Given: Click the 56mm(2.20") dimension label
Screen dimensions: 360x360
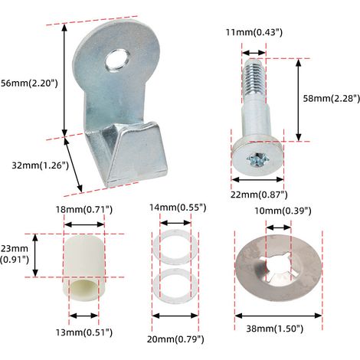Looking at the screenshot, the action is click(29, 83).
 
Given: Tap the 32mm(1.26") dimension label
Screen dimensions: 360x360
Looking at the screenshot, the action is click(41, 165).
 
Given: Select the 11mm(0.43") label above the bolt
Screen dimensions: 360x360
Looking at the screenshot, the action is click(254, 32).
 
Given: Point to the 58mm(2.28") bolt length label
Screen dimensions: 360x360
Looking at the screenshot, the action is click(332, 99).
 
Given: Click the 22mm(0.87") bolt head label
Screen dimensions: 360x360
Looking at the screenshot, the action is click(259, 195).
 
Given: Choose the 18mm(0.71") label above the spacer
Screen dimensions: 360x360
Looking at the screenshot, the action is click(84, 209).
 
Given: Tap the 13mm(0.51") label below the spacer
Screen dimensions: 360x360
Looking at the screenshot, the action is click(84, 332).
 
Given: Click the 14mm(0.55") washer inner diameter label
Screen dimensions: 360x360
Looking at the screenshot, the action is click(178, 208).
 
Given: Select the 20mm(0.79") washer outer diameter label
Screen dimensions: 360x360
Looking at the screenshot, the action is click(175, 339).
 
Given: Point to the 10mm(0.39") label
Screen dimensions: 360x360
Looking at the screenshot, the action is click(283, 211).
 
